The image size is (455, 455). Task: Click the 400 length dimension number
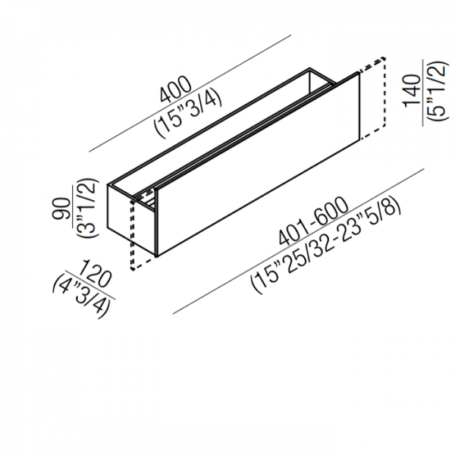point(176,89)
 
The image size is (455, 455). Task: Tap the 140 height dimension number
point(412,91)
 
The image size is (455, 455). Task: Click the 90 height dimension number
point(61,209)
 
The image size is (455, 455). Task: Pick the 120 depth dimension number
point(96,274)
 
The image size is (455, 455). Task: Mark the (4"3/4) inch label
point(81,296)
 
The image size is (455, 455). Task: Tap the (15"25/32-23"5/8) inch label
point(326,247)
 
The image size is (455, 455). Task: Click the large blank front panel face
point(259,165)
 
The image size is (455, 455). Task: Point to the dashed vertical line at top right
point(384,92)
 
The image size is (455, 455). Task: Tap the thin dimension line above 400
point(190,93)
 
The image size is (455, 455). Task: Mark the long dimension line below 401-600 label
point(299,241)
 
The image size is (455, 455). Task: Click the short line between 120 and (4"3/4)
point(89,285)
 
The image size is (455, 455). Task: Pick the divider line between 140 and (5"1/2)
point(423,93)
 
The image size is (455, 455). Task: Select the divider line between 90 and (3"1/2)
point(73,208)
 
